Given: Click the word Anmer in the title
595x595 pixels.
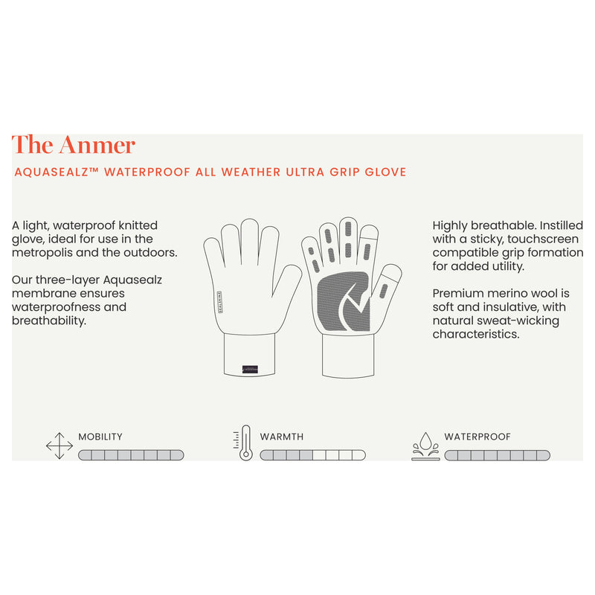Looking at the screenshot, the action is coord(97,145).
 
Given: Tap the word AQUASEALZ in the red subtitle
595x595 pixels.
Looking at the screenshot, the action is coord(57,173).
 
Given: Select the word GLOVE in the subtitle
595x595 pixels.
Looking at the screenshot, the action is coord(385,173).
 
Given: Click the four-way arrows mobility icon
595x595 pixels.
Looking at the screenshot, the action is coord(59,446).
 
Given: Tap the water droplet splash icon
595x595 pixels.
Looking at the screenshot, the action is coord(425,446).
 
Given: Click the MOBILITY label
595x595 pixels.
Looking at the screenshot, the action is coord(100,437).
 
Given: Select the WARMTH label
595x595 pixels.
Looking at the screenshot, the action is coord(282,437).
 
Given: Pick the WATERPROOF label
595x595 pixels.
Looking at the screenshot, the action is coord(477,437).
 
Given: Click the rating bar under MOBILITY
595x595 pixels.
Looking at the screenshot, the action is coord(132,455).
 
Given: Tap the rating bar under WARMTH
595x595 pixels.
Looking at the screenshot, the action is coord(313,455).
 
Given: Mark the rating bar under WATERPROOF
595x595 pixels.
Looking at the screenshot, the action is coord(498,455).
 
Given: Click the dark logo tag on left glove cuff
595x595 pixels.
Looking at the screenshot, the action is coord(250,369).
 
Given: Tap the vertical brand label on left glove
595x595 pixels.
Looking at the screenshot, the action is coord(220,302).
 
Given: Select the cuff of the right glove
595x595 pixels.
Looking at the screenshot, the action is coord(348,356).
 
